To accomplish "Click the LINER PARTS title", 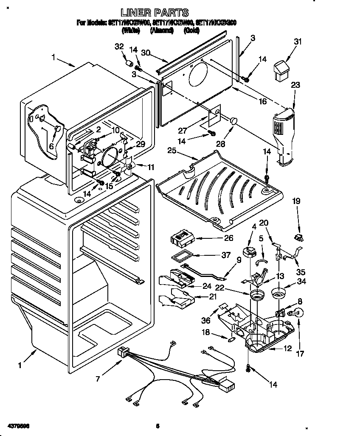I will coord(155,13).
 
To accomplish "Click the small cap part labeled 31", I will coord(281,70).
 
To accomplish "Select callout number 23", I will coord(295,85).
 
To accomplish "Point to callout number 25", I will coord(172,151).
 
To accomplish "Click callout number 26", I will coord(228,238).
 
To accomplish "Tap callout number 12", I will coord(287,349).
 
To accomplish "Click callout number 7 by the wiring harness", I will coord(98,379).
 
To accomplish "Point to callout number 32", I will coord(119,47).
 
